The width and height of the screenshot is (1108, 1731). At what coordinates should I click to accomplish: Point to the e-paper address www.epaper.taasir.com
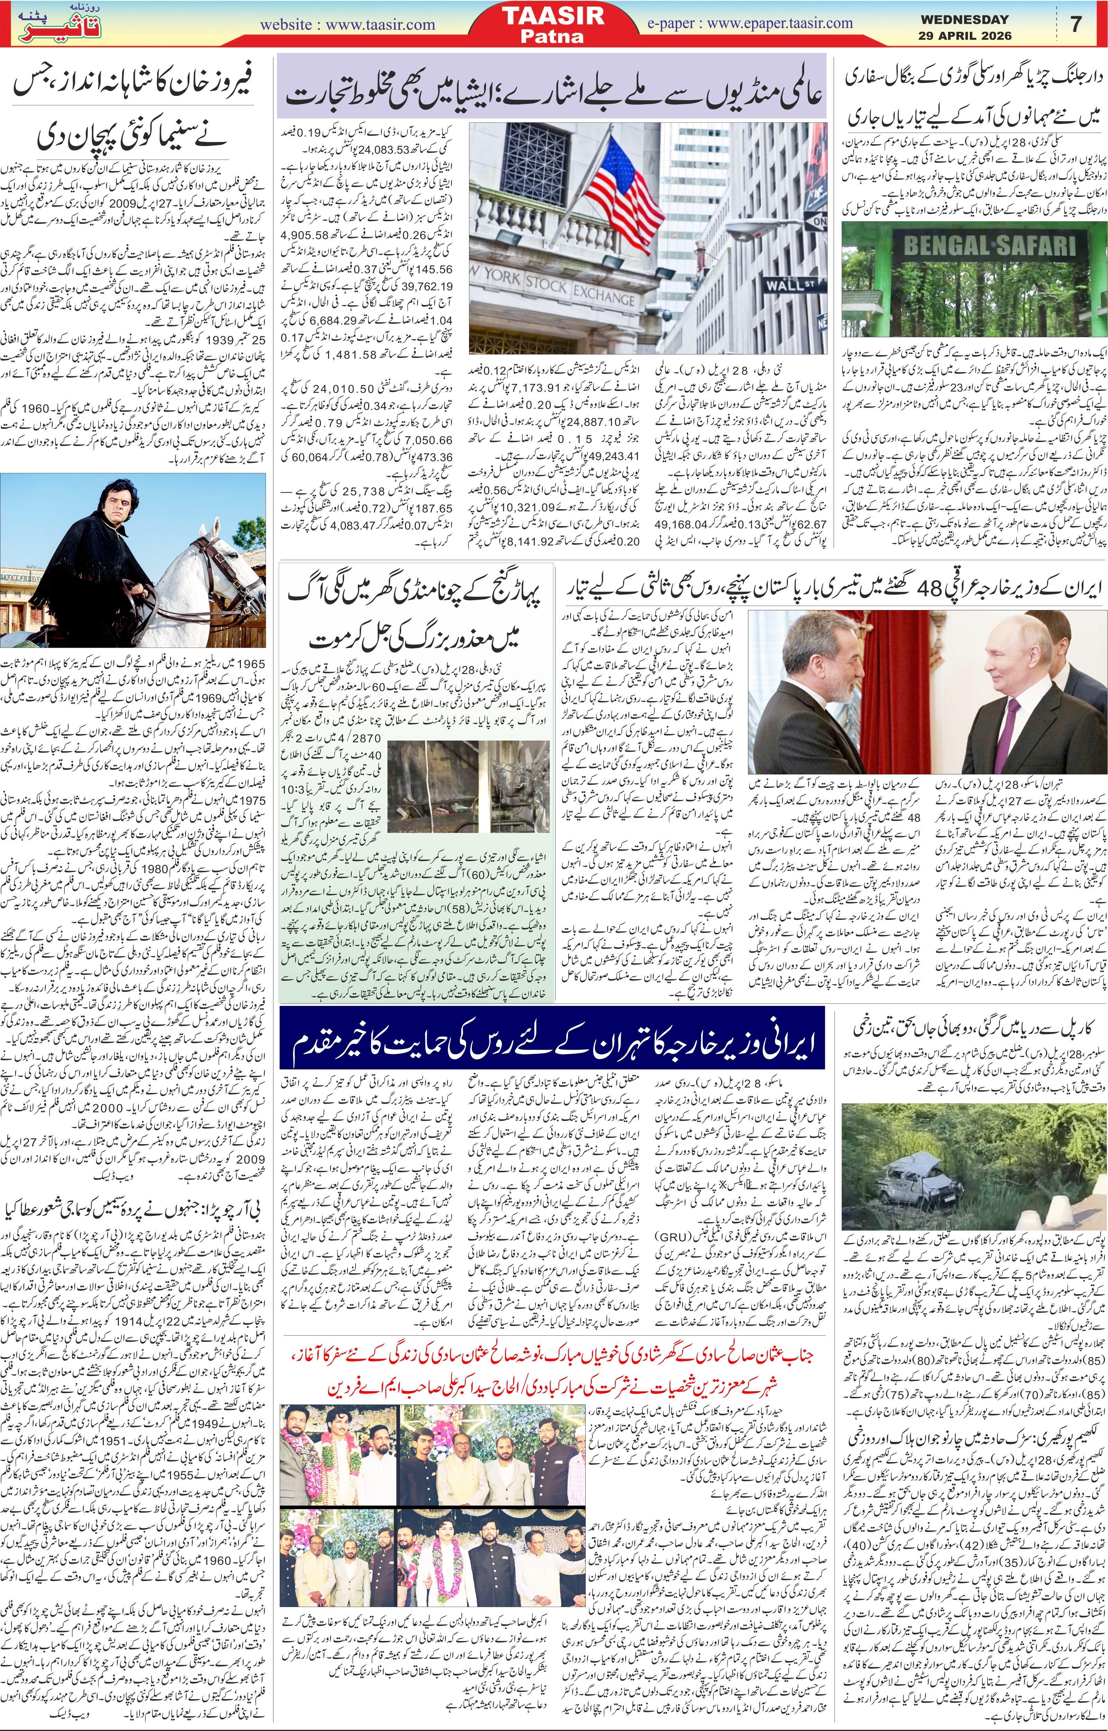(x=750, y=24)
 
